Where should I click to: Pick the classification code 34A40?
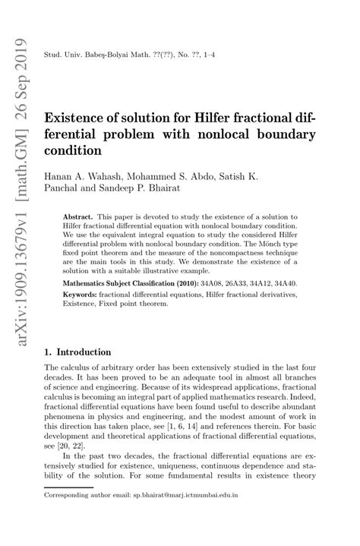(x=285, y=282)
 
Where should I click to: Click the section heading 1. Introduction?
(x=78, y=352)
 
